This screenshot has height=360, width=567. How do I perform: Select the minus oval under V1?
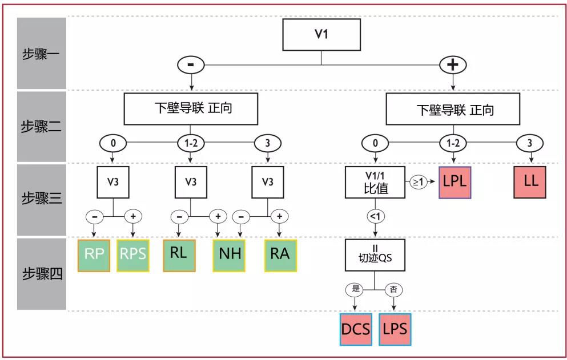coord(191,65)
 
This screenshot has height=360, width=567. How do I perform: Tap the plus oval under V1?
coord(452,65)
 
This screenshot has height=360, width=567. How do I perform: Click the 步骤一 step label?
coord(42,54)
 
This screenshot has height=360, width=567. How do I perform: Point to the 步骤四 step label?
coord(42,274)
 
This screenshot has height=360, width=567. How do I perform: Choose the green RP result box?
coord(94,255)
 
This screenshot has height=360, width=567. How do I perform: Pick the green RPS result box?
coord(133,255)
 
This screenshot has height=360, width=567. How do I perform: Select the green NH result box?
coord(230,255)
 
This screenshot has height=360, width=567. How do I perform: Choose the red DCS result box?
coord(356,329)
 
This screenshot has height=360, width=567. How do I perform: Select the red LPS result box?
coord(395,329)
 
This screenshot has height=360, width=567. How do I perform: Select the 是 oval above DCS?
coord(355,289)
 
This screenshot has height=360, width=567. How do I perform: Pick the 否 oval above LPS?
coord(393,289)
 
